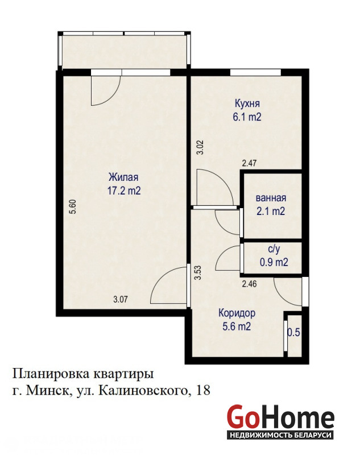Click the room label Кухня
[x=247, y=104]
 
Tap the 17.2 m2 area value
[x=124, y=191]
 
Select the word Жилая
[x=123, y=177]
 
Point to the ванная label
[x=271, y=198]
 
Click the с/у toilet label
[x=274, y=249]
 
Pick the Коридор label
[x=237, y=313]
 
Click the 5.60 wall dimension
[x=73, y=206]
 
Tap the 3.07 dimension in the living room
[x=120, y=299]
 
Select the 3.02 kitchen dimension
[x=200, y=147]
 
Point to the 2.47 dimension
[x=249, y=163]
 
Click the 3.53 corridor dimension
[x=198, y=273]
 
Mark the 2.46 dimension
[x=249, y=283]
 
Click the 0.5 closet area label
[x=293, y=332]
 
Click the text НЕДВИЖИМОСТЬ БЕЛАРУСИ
[x=280, y=435]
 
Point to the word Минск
[x=47, y=391]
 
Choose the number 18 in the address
[x=203, y=390]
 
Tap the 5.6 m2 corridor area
[x=237, y=326]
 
